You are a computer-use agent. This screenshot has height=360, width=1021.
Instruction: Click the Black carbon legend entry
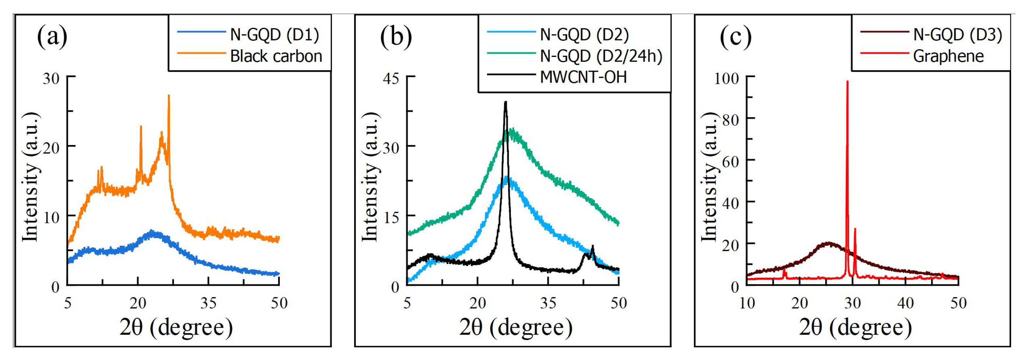coord(276,56)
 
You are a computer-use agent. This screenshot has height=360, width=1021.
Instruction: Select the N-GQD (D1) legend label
coord(274,35)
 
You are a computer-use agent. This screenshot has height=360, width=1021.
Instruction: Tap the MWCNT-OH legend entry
coord(584,77)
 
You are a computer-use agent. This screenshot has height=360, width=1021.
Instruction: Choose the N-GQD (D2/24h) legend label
coord(601,56)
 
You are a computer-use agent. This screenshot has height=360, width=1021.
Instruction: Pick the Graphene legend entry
coord(948,56)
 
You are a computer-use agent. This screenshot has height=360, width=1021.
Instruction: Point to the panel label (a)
coord(52,37)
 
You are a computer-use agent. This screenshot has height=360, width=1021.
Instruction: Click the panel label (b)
coord(396,37)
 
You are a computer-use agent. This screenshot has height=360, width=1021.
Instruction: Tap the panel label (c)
coord(735,37)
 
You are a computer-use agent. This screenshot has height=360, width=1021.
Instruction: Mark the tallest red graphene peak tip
coord(847,82)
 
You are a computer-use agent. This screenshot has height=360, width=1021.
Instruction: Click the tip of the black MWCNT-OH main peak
coord(505,102)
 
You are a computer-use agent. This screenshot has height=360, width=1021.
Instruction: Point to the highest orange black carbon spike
coord(169,96)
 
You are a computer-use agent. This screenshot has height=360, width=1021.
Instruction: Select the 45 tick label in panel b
coord(391,78)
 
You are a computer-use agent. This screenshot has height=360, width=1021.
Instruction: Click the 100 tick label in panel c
coord(726,78)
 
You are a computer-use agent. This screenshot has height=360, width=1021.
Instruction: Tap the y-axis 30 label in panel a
coord(51,78)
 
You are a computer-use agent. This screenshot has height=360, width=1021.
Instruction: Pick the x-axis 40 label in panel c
coord(905,303)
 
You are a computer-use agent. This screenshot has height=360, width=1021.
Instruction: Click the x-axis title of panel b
coord(516,327)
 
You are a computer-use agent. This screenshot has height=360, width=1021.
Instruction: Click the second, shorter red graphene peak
coord(855,229)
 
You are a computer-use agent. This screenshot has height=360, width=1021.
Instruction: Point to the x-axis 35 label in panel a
coord(209,303)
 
